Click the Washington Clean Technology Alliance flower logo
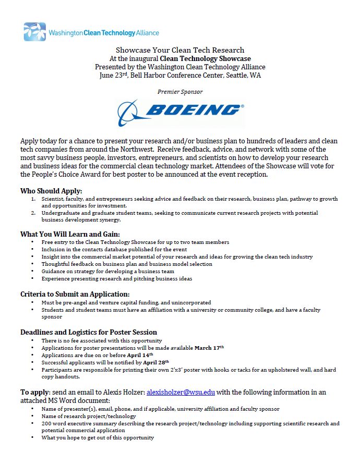pos(34,32)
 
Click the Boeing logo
pos(180,111)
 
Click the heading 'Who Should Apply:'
pos(51,191)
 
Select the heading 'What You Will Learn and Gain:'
pos(70,234)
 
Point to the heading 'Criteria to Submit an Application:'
pos(75,294)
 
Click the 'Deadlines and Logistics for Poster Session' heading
pos(88,332)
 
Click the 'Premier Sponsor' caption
pos(179,92)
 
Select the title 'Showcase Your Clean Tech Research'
pos(179,50)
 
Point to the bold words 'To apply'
pos(35,392)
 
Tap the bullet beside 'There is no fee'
pos(33,341)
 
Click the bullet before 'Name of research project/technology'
pos(33,416)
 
